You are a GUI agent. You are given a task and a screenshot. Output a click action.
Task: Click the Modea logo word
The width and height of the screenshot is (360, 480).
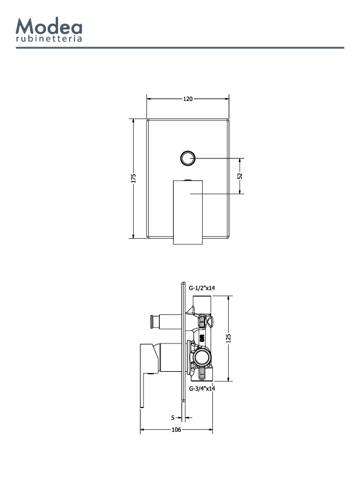(x=49, y=26)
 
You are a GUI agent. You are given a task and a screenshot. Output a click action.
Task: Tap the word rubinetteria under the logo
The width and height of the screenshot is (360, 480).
(x=49, y=39)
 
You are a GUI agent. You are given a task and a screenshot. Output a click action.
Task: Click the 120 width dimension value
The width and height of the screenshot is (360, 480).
(x=188, y=99)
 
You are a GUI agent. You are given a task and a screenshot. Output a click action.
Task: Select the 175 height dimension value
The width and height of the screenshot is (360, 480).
(x=133, y=178)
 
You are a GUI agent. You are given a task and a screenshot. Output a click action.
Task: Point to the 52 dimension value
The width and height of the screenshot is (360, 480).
(x=240, y=176)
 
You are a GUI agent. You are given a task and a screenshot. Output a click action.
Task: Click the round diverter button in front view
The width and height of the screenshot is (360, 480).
(x=187, y=158)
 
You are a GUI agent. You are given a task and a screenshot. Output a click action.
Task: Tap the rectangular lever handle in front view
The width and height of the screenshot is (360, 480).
(x=188, y=212)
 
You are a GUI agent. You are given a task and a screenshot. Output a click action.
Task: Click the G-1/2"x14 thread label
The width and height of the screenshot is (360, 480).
(x=202, y=288)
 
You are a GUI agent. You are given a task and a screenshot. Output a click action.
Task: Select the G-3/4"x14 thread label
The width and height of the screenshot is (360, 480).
(x=202, y=389)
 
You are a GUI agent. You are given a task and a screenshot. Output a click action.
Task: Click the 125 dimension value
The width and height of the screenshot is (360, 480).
(x=228, y=339)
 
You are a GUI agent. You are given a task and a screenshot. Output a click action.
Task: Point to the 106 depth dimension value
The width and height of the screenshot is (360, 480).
(x=176, y=429)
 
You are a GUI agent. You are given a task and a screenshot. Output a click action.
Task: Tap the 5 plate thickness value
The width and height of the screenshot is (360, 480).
(x=173, y=418)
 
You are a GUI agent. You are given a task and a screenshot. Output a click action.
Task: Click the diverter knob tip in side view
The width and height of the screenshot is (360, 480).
(x=151, y=322)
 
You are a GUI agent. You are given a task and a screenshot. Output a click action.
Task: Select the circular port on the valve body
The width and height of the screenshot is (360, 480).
(x=203, y=356)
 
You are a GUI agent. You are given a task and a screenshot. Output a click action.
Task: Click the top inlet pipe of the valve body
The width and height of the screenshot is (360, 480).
(x=202, y=304)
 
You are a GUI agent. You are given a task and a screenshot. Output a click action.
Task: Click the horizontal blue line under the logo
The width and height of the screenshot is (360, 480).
(x=180, y=48)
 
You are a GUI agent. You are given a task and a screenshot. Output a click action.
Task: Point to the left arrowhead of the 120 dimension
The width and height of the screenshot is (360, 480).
(x=149, y=99)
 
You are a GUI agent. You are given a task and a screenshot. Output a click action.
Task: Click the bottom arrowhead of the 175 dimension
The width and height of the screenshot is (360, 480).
(x=133, y=236)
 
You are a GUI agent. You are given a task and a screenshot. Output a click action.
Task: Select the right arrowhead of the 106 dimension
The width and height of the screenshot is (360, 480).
(x=210, y=429)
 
